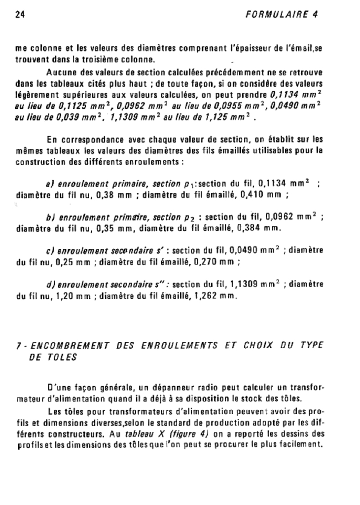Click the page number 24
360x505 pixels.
[20, 14]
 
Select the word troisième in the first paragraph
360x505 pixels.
[112, 61]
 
